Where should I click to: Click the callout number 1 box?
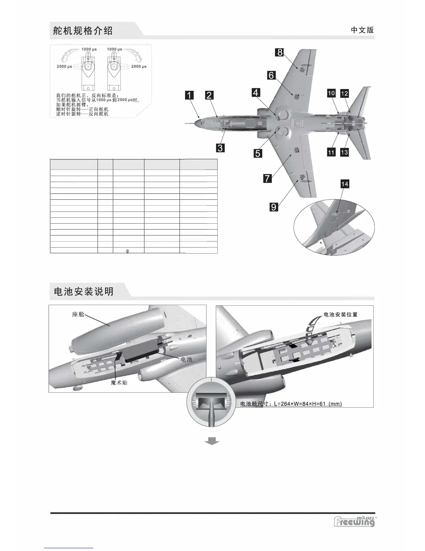click(189, 95)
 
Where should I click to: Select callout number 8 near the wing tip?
click(280, 53)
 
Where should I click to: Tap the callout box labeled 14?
click(344, 184)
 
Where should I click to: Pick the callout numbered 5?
click(258, 153)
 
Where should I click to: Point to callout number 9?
click(274, 207)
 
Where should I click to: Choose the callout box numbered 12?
click(344, 93)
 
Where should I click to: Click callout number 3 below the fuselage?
click(220, 147)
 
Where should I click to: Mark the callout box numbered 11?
click(331, 152)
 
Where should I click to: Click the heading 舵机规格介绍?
click(83, 31)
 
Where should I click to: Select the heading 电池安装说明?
click(84, 292)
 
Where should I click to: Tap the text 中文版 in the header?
click(362, 30)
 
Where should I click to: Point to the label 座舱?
click(78, 314)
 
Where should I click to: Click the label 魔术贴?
click(119, 383)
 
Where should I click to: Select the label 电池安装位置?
click(340, 314)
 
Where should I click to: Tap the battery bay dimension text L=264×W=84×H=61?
click(291, 404)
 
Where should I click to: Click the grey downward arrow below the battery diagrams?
click(211, 441)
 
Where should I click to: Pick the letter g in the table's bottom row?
click(127, 250)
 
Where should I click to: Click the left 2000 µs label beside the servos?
click(64, 66)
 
